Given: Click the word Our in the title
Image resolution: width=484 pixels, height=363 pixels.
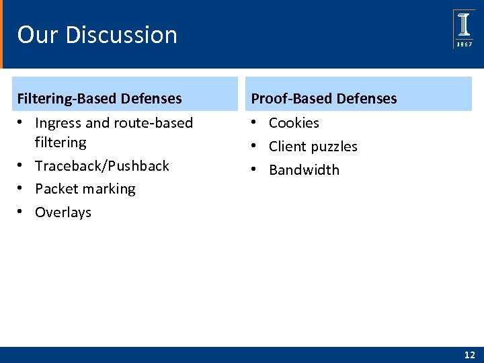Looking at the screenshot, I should tap(36, 35).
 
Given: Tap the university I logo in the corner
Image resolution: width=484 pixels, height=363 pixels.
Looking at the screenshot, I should tap(464, 25).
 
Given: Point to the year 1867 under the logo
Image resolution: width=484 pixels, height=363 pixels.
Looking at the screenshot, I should tap(464, 44).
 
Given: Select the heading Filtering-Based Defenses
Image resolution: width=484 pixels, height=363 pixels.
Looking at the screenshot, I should tap(99, 99).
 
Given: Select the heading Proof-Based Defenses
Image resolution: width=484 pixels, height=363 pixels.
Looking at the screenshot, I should tap(323, 99).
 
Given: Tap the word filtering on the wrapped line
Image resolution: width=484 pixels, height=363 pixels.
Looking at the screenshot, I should tap(61, 143).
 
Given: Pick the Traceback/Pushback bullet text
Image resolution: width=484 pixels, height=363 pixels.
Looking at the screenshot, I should tap(102, 165).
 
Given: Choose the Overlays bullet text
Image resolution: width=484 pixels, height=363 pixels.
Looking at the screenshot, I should tap(63, 212).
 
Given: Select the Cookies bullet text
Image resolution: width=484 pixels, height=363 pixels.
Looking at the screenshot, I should tap(294, 123).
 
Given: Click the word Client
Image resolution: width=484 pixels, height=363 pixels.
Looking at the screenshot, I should tap(287, 147).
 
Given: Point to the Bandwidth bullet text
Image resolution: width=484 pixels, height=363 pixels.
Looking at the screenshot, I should tap(304, 170).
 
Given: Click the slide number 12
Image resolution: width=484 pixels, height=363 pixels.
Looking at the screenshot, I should tap(469, 354).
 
